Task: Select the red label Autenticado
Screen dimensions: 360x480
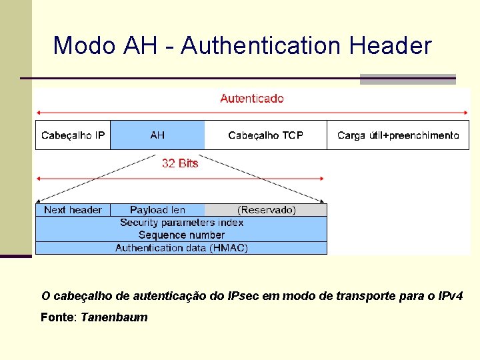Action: coord(251,99)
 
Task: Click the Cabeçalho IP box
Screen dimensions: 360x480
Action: coord(73,135)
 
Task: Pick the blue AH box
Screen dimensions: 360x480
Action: coord(157,135)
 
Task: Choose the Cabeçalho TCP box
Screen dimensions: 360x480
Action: coord(265,135)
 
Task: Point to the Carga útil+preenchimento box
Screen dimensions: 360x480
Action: coord(398,135)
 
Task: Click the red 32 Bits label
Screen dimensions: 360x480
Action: coord(180,163)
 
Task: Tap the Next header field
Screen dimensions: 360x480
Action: coord(73,210)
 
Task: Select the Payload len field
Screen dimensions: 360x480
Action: coord(157,210)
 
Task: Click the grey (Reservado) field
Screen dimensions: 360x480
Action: coord(267,210)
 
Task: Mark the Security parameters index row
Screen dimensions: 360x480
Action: coord(181,223)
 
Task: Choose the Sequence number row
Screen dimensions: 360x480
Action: coord(181,235)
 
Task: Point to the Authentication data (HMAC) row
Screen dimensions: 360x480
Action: coord(181,248)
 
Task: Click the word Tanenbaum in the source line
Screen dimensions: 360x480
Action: coord(114,317)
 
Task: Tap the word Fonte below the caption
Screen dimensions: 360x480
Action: coord(57,317)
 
